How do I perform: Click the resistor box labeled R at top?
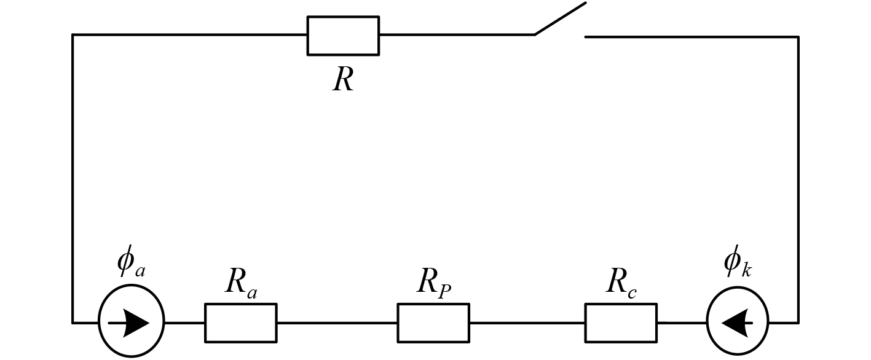[x=343, y=36]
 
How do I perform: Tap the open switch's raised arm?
[x=560, y=18]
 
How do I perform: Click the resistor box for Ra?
[x=240, y=323]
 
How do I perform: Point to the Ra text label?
[x=240, y=283]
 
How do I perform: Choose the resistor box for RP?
[x=433, y=323]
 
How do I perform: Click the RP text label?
[x=434, y=283]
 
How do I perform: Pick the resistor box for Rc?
[x=620, y=323]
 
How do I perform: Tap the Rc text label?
[x=621, y=283]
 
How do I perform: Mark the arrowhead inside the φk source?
[x=734, y=323]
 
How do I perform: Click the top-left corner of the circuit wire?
[x=73, y=36]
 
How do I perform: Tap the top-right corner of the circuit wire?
[x=798, y=37]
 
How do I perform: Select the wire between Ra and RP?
[x=337, y=323]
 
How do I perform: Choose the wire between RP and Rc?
[x=527, y=323]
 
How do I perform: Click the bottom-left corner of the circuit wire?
[x=73, y=322]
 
